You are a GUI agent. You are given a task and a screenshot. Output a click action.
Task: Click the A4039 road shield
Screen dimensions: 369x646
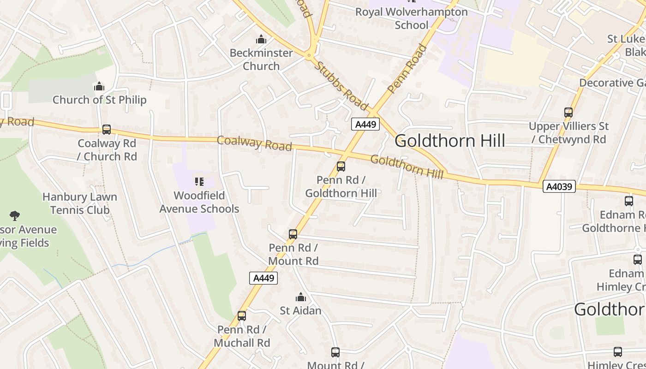coord(559,186)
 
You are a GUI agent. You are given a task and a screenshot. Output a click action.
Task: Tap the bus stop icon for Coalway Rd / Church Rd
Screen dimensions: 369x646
coord(107,130)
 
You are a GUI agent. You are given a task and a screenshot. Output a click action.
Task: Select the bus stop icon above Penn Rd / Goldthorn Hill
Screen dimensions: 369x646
coord(341,167)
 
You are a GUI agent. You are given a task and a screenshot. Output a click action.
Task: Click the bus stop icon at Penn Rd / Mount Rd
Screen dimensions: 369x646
coord(293,234)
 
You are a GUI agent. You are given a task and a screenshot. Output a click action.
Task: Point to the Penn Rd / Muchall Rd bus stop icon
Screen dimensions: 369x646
coord(242,316)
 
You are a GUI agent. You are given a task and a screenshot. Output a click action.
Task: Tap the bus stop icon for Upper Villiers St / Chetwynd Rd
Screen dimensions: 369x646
coord(568,113)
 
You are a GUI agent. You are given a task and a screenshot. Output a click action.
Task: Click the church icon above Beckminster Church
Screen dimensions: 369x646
coord(261,39)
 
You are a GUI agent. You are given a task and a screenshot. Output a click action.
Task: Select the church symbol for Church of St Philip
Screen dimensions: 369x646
coord(99,86)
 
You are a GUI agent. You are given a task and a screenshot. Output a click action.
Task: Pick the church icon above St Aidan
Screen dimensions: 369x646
coord(301,297)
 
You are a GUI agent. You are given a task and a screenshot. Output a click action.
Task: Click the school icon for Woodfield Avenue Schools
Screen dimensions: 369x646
coord(199,182)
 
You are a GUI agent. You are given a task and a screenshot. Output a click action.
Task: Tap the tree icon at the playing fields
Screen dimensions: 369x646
coord(15,215)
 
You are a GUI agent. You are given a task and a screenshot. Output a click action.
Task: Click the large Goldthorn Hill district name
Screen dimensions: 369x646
coord(450,141)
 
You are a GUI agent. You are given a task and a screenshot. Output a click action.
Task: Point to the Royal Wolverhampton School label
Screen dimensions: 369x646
coord(411,18)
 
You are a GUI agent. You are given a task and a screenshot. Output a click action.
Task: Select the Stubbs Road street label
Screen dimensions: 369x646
coord(341,86)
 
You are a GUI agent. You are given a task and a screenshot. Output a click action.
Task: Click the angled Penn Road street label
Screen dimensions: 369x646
coord(407,68)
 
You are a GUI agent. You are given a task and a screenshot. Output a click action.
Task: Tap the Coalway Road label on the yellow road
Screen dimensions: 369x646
coord(254,143)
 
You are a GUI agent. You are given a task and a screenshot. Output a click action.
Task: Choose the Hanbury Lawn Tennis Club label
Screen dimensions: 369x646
coord(80,203)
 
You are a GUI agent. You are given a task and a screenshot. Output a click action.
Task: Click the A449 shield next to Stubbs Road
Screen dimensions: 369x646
coord(365,124)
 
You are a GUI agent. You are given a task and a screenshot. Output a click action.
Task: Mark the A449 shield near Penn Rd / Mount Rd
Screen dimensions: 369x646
coord(263,278)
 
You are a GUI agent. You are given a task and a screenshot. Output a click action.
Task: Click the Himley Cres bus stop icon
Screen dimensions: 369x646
coord(618,352)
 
